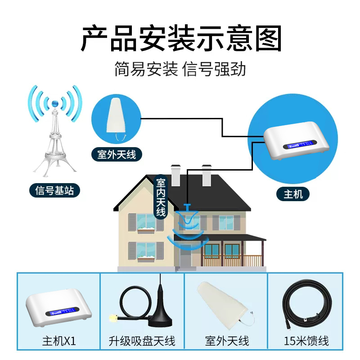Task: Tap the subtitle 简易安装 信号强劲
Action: point(180,70)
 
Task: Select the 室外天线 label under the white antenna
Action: point(116,155)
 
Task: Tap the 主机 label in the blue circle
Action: point(293,194)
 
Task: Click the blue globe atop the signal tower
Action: point(55,103)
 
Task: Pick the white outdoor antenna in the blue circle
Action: point(116,116)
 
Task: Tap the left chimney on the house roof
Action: point(176,175)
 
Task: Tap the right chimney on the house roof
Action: point(207,175)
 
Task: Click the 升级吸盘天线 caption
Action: point(142,341)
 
